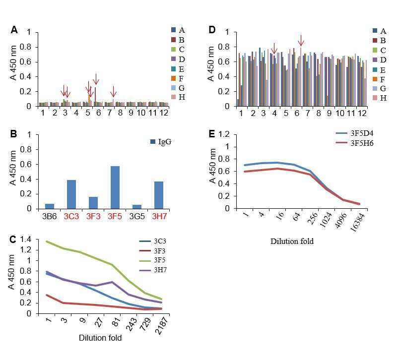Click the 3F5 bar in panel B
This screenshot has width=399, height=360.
(115, 187)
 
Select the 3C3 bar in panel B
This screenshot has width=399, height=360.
(71, 194)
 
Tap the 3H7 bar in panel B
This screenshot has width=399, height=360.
(159, 195)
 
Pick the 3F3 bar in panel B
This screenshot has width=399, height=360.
(93, 203)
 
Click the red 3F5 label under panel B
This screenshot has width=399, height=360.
(115, 216)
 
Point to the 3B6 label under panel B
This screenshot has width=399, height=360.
(49, 216)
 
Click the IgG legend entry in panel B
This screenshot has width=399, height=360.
(161, 142)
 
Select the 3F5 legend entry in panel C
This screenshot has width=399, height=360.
(153, 260)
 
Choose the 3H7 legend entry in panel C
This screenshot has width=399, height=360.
(153, 270)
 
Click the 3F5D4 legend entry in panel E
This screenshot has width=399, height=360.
(355, 133)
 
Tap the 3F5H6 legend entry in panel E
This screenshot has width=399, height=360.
(355, 143)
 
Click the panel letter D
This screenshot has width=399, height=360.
(212, 30)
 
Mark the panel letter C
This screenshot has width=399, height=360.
(13, 240)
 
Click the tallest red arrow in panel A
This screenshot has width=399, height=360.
(96, 79)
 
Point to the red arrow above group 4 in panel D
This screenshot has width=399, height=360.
(274, 48)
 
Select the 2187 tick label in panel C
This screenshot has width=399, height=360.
(162, 326)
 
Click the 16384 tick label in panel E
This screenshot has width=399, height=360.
(358, 223)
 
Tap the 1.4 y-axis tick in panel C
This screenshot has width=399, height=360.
(25, 239)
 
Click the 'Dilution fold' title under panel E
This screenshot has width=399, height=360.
(292, 241)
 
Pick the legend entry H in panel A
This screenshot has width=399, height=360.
(178, 97)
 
